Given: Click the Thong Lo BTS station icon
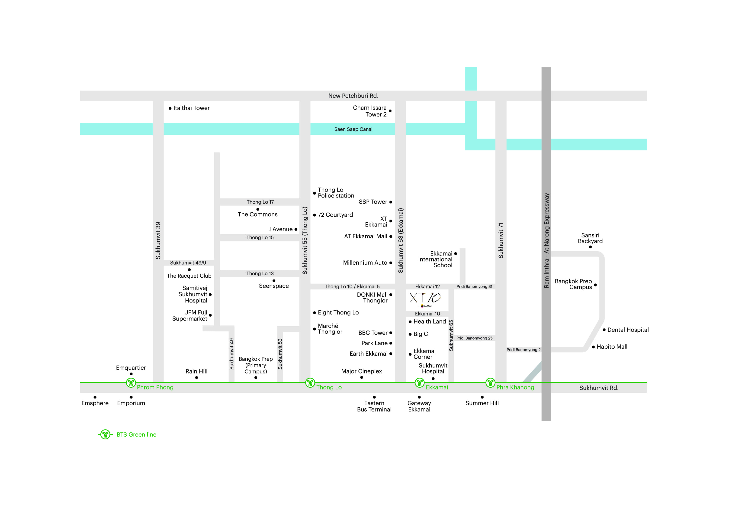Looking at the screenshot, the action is (x=310, y=383).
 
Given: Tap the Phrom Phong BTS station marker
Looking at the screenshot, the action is (x=131, y=383).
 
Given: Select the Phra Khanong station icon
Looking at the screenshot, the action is (x=490, y=383).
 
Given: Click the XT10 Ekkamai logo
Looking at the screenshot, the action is (x=425, y=299).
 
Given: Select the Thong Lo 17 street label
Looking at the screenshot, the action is (x=260, y=202).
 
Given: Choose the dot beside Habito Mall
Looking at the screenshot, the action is (x=593, y=347).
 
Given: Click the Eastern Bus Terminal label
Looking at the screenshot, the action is (x=374, y=406).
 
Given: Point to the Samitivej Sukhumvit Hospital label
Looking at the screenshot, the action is (x=193, y=294).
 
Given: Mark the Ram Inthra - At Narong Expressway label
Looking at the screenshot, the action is (x=546, y=240).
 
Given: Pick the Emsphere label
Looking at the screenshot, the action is (x=95, y=403).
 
